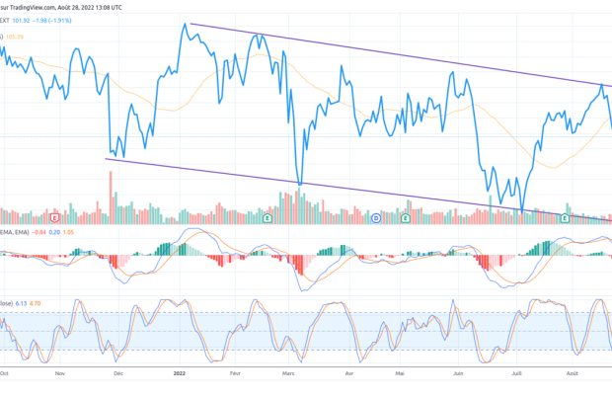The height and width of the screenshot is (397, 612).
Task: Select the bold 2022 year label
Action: pyautogui.click(x=179, y=375)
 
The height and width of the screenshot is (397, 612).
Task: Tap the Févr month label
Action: pyautogui.click(x=235, y=375)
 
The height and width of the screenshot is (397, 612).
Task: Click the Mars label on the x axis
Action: pyautogui.click(x=289, y=375)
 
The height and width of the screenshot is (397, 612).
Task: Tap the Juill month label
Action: pyautogui.click(x=516, y=375)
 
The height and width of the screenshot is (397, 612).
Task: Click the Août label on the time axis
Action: pyautogui.click(x=573, y=375)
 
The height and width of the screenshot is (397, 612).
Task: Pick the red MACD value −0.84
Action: pyautogui.click(x=39, y=233)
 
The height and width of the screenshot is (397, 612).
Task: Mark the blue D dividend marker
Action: pyautogui.click(x=377, y=216)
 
